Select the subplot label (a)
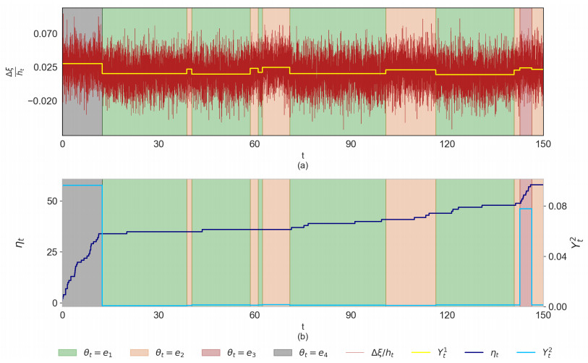coord(302,165)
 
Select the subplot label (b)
coord(302,337)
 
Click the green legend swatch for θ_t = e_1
coord(68,352)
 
